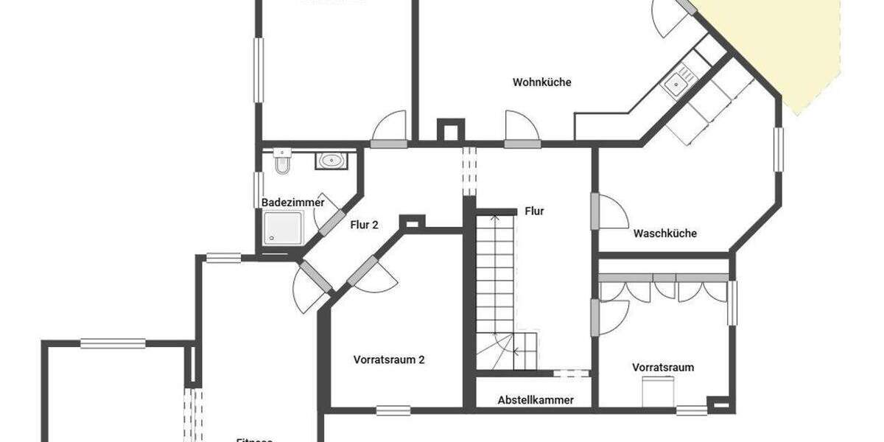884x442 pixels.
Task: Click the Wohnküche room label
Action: coord(541,83)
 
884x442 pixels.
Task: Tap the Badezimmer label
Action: coord(292,203)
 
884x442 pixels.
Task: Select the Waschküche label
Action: coord(664,234)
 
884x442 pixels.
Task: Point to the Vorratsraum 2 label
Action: coord(388,360)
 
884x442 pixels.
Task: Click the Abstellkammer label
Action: coord(535,400)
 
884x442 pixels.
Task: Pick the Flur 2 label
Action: coord(364,225)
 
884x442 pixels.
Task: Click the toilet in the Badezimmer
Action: coord(282,161)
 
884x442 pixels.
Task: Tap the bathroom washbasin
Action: coord(331,160)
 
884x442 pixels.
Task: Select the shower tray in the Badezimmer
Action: coord(283,227)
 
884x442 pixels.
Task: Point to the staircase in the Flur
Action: coord(495,287)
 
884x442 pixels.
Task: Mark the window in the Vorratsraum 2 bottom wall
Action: coord(393,410)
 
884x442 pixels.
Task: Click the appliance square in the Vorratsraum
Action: coord(658,390)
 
